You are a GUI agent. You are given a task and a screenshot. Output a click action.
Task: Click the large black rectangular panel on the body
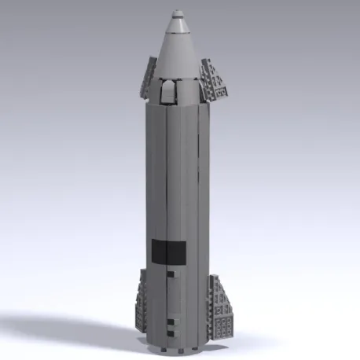[168, 251]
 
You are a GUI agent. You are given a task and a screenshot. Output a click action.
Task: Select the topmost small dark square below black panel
[171, 274]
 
